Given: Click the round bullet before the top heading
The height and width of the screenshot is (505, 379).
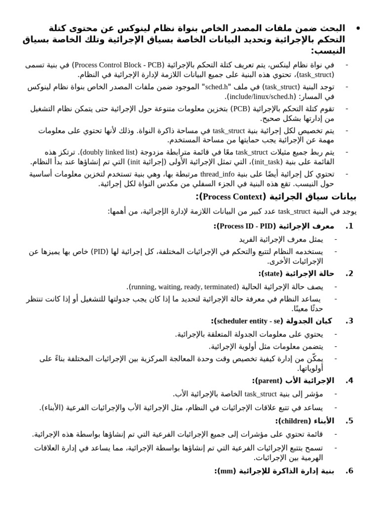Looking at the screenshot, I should tap(358, 28).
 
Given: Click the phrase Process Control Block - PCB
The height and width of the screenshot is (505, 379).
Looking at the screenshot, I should tap(112, 65).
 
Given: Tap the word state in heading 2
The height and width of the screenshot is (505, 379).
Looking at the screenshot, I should tap(272, 273).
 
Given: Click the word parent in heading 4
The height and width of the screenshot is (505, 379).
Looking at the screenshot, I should tap(268, 381).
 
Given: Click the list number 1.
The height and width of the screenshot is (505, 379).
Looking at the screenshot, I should tap(349, 226).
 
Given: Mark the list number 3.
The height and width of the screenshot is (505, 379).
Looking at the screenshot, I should tap(349, 321).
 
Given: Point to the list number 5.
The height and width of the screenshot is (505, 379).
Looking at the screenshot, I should tap(349, 421).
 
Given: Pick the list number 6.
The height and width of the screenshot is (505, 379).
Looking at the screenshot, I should tap(349, 471).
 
